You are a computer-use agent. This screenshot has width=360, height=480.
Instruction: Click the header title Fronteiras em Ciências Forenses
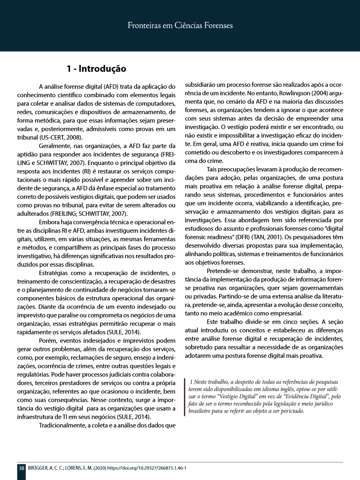click(x=180, y=26)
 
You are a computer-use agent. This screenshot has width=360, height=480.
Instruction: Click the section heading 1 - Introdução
click(x=96, y=69)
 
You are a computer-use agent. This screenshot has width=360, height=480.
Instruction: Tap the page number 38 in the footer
click(x=21, y=468)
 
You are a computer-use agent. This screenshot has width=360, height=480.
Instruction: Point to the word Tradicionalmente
click(x=62, y=426)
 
